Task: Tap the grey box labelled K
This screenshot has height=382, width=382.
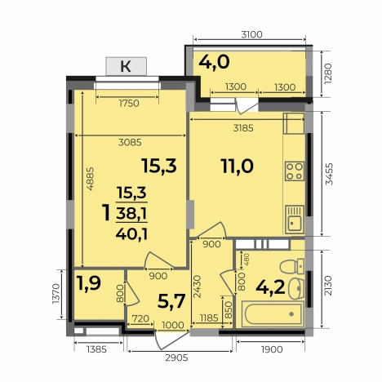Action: click(126, 67)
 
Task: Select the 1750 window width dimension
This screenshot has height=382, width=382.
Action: click(127, 103)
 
